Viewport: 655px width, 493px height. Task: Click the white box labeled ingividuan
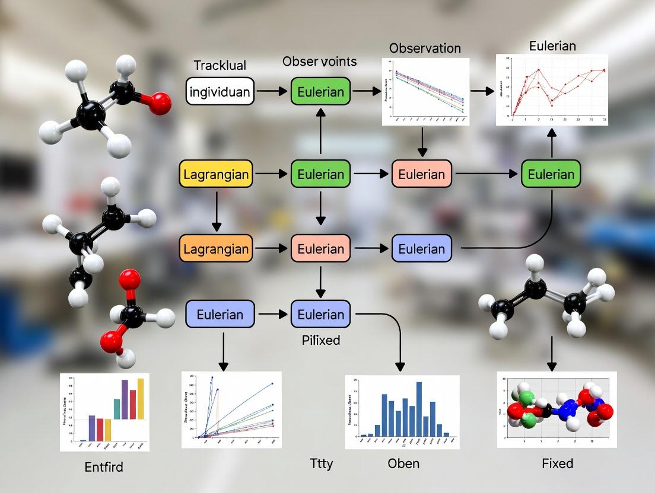220,92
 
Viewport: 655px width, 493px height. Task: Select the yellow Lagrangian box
216,174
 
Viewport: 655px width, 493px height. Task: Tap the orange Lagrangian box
216,249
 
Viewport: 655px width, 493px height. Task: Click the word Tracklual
220,65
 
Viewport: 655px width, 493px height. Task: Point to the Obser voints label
319,62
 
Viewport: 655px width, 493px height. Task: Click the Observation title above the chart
425,48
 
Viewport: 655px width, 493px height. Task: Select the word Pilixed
320,341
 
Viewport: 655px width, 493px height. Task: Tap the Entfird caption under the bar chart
104,467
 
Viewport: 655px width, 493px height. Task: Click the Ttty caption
322,463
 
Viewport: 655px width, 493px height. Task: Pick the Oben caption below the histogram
403,463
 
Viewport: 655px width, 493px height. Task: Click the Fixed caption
558,463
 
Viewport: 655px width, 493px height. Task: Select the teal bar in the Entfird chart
117,409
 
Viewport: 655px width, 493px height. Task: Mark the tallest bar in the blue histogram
419,408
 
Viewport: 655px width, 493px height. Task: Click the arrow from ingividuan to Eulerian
272,92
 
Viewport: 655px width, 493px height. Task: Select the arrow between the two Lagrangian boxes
216,212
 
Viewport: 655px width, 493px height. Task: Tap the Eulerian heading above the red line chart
552,46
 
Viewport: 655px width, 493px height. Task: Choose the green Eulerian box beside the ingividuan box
320,92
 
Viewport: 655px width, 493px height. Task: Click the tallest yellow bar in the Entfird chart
141,398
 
